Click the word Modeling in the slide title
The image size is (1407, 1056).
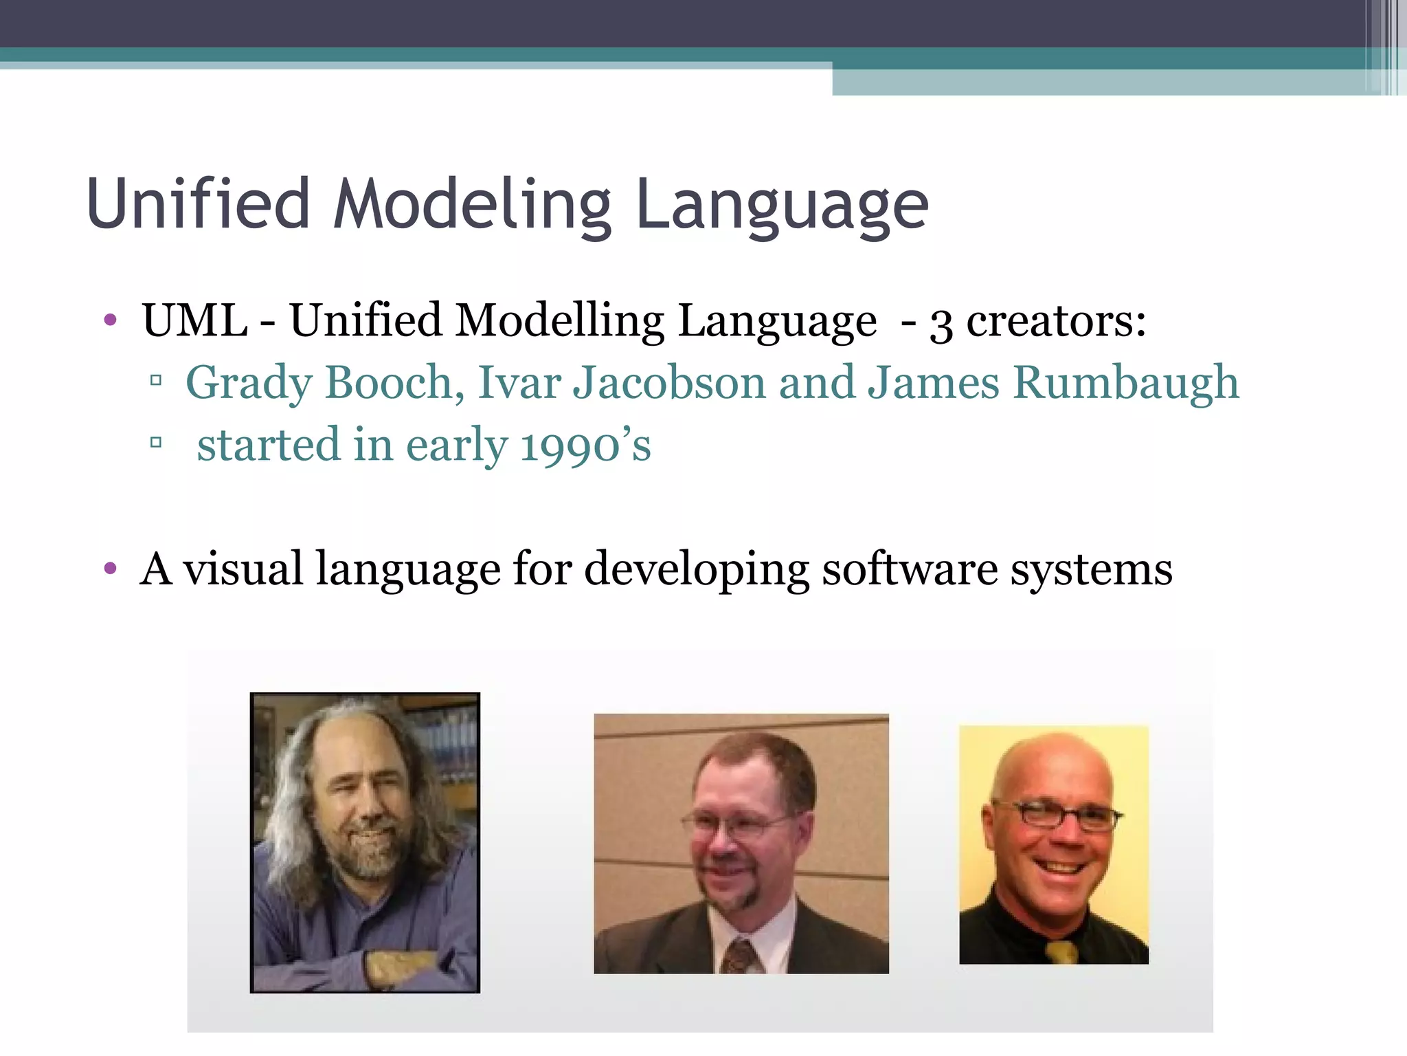[x=473, y=204]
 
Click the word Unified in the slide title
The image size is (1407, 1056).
[x=199, y=204]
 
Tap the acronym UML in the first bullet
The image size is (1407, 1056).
[x=194, y=320]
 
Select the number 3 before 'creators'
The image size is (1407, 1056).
[x=941, y=323]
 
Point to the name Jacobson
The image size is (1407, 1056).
[x=669, y=382]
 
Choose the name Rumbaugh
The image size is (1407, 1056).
[x=1126, y=382]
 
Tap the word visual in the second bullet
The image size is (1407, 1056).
[x=243, y=569]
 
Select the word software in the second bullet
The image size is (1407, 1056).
[x=910, y=569]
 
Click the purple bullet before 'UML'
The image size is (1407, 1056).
[x=110, y=320]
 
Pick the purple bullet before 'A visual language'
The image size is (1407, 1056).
[x=110, y=569]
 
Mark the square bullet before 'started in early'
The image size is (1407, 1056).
[x=156, y=442]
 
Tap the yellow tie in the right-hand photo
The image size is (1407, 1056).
[x=1061, y=952]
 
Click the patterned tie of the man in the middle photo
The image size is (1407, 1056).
[x=740, y=956]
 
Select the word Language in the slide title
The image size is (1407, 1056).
[x=783, y=204]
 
